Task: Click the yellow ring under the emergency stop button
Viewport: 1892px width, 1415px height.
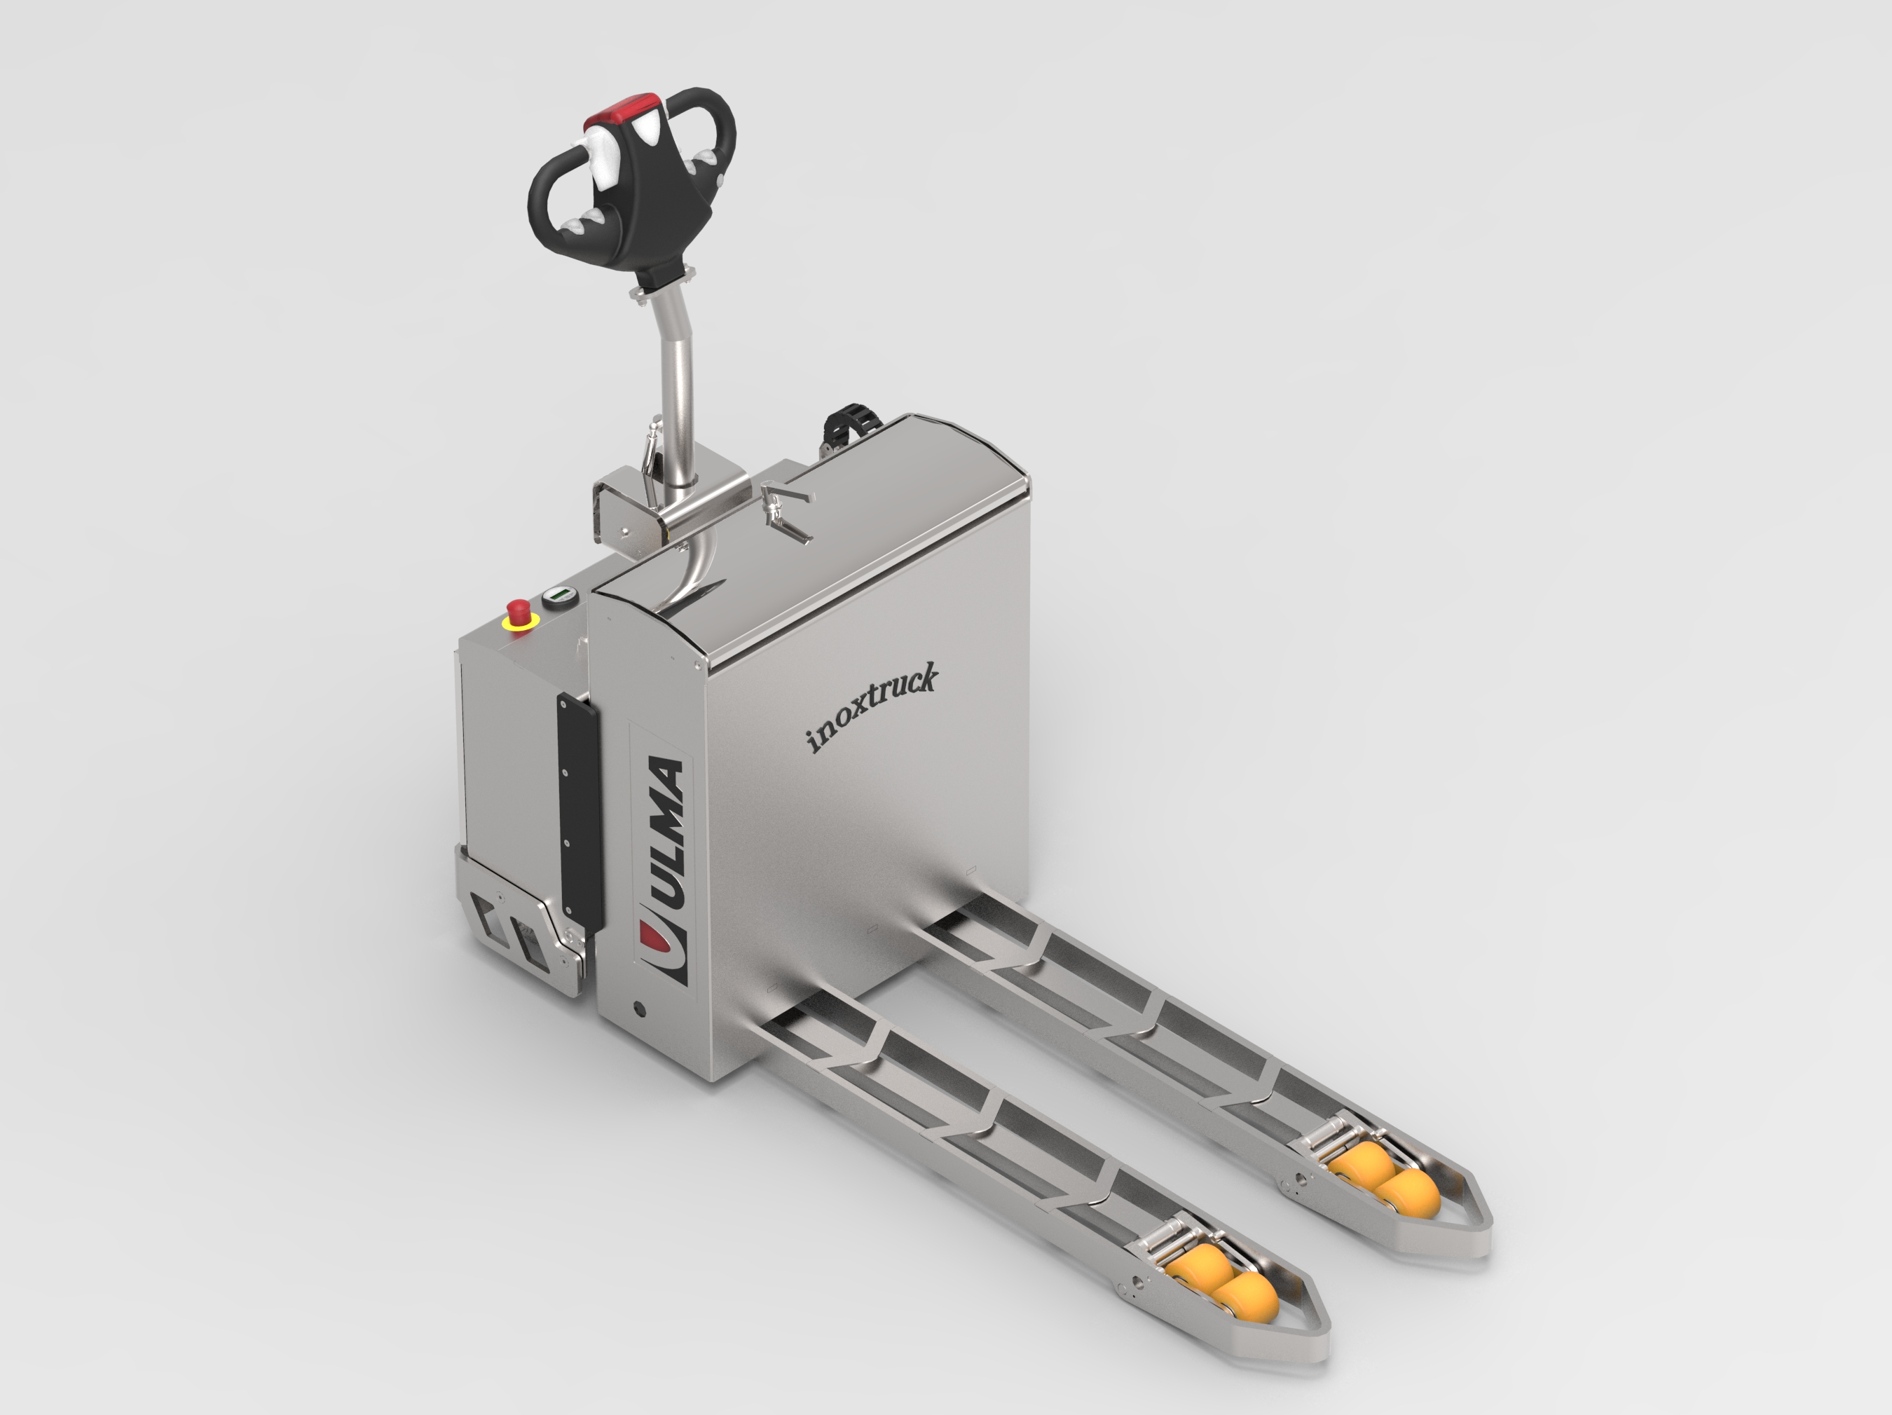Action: (x=519, y=624)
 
